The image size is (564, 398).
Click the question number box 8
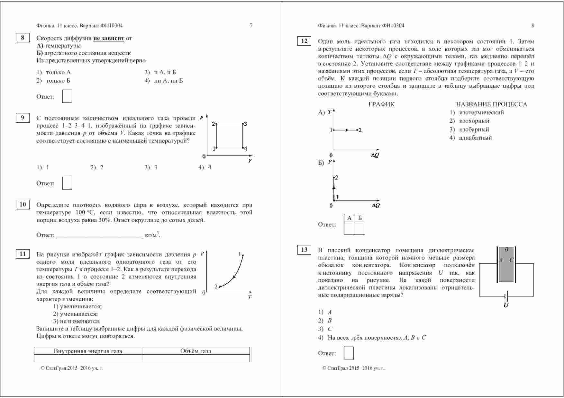coord(23,38)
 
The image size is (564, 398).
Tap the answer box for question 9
coord(67,183)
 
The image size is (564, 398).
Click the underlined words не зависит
coord(109,38)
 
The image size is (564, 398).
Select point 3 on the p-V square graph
coord(243,124)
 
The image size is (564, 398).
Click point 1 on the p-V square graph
coord(216,148)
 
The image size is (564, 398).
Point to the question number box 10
coord(23,205)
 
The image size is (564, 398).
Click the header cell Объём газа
coord(196,351)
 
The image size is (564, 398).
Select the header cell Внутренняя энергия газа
coord(88,351)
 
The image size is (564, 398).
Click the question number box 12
coord(304,41)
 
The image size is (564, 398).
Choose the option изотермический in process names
coord(481,112)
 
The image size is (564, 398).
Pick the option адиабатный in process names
coord(475,138)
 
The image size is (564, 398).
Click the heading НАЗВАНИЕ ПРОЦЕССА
coord(491,104)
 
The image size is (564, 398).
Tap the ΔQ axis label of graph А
coord(375,155)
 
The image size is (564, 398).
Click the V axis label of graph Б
coord(330,162)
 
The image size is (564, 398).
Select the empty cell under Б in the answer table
coord(360,228)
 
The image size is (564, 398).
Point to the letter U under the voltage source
coord(506,305)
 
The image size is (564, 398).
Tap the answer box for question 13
coord(349,353)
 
